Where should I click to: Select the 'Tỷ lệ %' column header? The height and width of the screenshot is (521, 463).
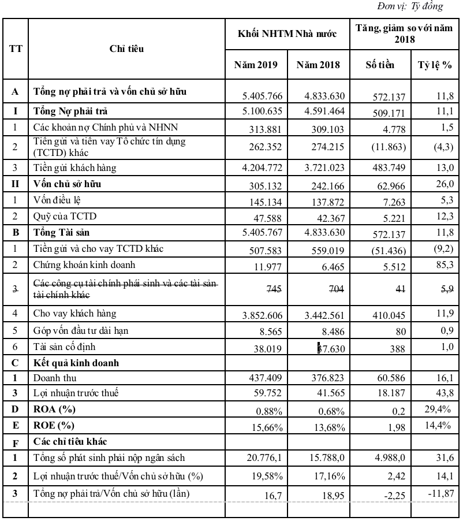[435, 65]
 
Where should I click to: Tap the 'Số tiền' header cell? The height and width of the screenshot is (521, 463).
[380, 65]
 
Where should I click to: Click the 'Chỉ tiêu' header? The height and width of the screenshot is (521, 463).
[126, 49]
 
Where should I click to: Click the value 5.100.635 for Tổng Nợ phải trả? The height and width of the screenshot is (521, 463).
[258, 112]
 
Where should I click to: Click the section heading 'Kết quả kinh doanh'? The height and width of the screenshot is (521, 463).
[76, 363]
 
